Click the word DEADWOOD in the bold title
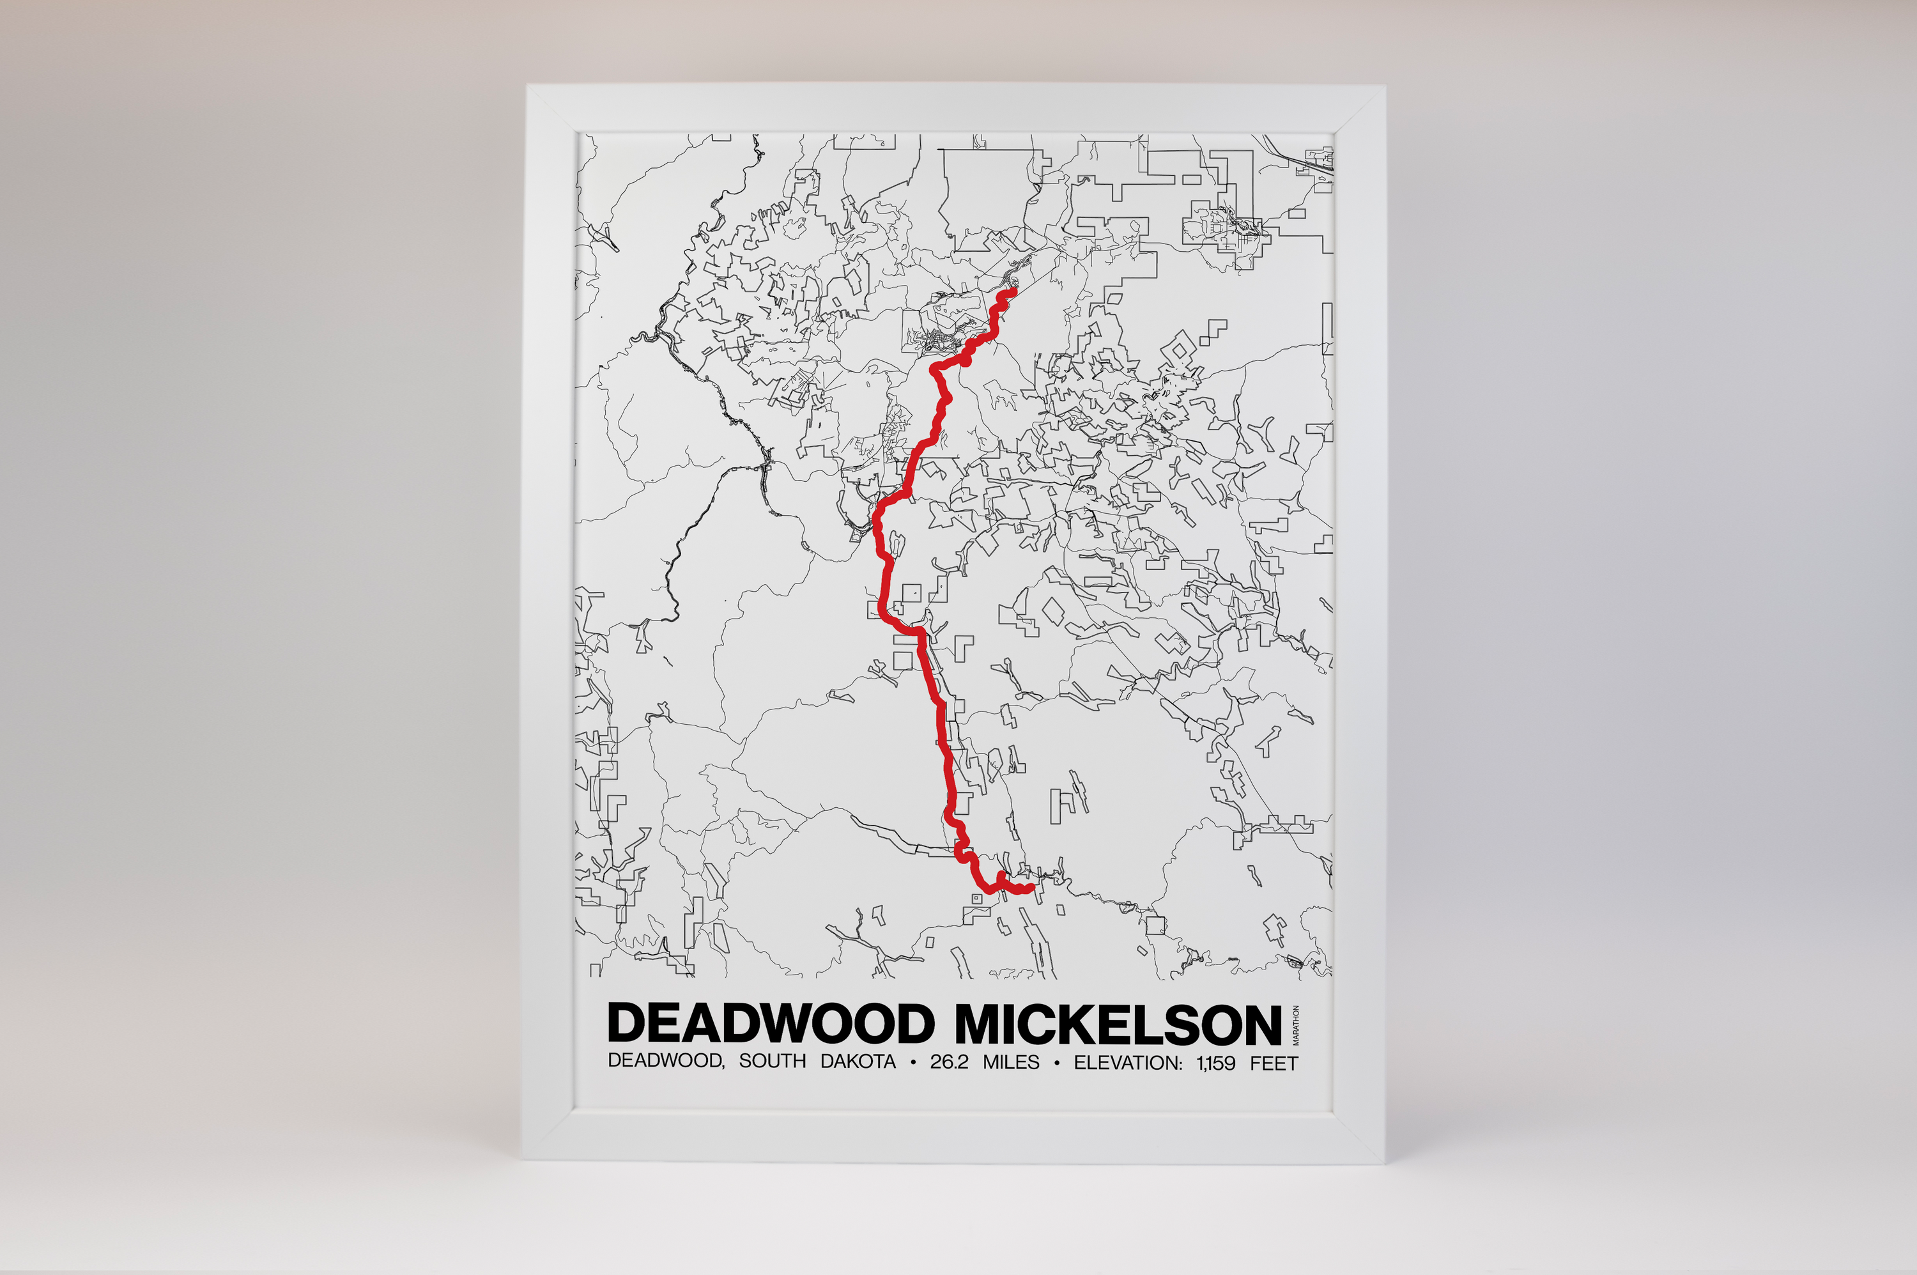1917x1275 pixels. (x=771, y=1023)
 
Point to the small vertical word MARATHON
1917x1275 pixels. (x=1296, y=1024)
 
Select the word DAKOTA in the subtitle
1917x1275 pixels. (x=858, y=1062)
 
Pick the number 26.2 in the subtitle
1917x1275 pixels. (x=949, y=1062)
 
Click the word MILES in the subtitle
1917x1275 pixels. (x=1010, y=1062)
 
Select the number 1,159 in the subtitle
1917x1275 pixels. (x=1215, y=1063)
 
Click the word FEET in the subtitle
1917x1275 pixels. (x=1274, y=1063)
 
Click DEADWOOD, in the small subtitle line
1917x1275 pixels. (x=666, y=1060)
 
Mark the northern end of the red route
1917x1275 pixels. (x=1013, y=291)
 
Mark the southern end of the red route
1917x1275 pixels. (x=1031, y=888)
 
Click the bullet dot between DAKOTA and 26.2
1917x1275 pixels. (x=913, y=1062)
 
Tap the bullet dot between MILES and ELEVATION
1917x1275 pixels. (x=1056, y=1063)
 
